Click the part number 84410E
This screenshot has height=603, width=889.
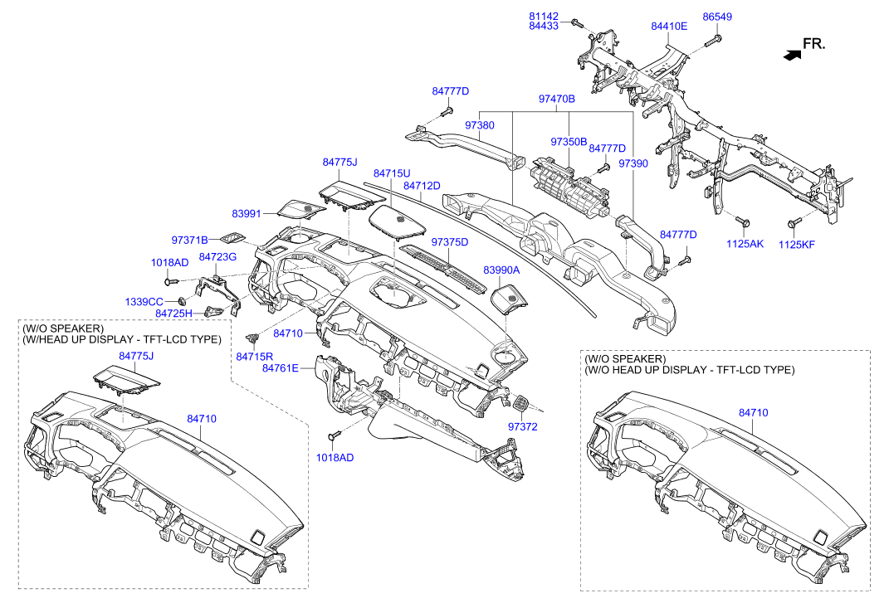(669, 27)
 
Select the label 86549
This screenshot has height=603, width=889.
(717, 17)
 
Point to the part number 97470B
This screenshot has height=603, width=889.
(557, 99)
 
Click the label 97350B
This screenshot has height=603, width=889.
(569, 142)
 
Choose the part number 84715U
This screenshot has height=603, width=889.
(392, 173)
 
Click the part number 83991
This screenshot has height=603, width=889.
(247, 214)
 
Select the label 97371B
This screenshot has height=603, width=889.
(190, 240)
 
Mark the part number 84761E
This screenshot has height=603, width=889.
(280, 367)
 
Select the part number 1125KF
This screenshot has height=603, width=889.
(797, 245)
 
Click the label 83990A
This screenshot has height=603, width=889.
(501, 270)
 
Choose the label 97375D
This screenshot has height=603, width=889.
(450, 242)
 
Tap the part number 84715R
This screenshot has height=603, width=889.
(254, 356)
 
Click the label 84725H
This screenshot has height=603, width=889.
(173, 313)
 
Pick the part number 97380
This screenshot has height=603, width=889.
(480, 124)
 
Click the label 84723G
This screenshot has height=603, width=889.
(217, 257)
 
